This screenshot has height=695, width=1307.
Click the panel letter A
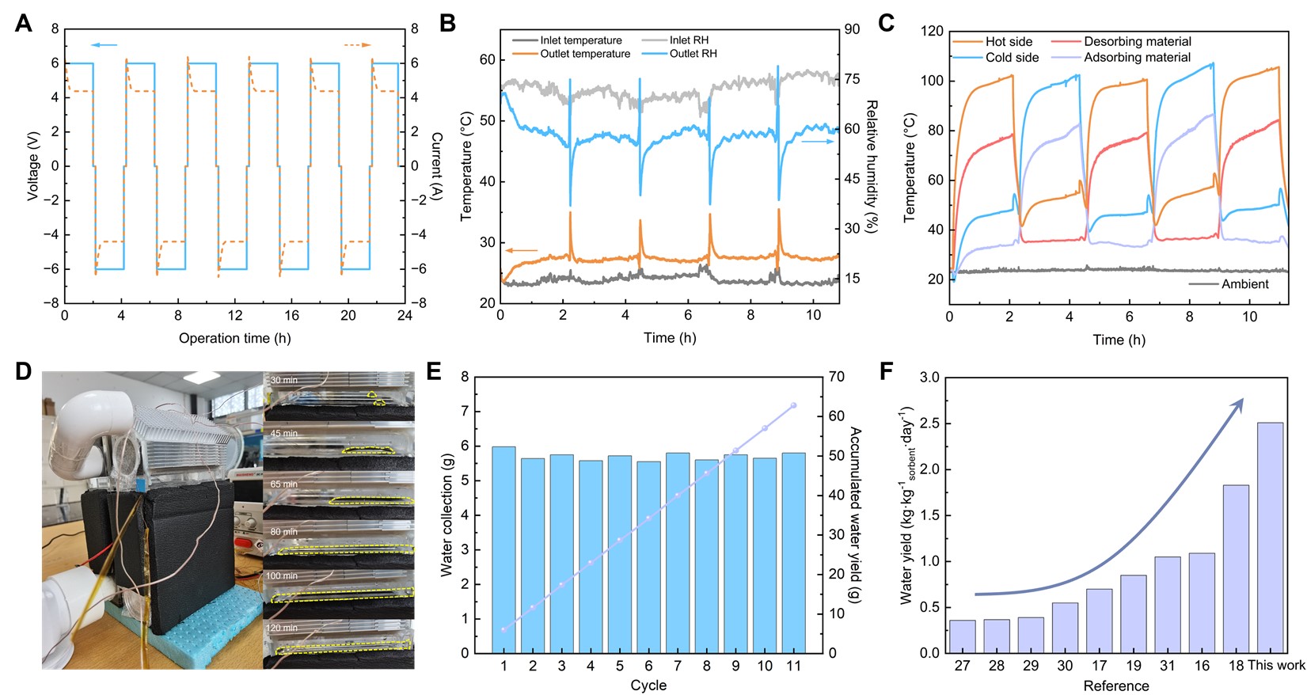[24, 24]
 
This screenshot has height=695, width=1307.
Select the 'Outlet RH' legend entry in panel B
[693, 54]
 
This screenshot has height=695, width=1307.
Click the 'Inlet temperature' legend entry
[580, 40]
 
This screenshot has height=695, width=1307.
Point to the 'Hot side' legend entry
[1009, 42]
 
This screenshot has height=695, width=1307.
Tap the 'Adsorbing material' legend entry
[1137, 58]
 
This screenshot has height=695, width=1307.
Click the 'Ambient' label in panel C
[1244, 284]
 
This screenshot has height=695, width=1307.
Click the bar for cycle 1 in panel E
[503, 550]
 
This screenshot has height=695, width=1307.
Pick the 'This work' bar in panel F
[1270, 538]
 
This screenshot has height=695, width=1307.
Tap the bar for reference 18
[1236, 569]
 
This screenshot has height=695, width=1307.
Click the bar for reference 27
[962, 636]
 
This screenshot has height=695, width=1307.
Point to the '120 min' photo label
[283, 628]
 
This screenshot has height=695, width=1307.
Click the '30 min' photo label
[283, 381]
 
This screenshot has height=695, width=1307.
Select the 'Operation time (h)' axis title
[234, 339]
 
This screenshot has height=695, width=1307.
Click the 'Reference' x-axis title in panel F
[1115, 686]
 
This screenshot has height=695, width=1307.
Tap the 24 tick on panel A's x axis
[405, 315]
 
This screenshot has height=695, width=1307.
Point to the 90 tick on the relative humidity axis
[852, 29]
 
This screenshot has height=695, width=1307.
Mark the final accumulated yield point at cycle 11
[793, 405]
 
